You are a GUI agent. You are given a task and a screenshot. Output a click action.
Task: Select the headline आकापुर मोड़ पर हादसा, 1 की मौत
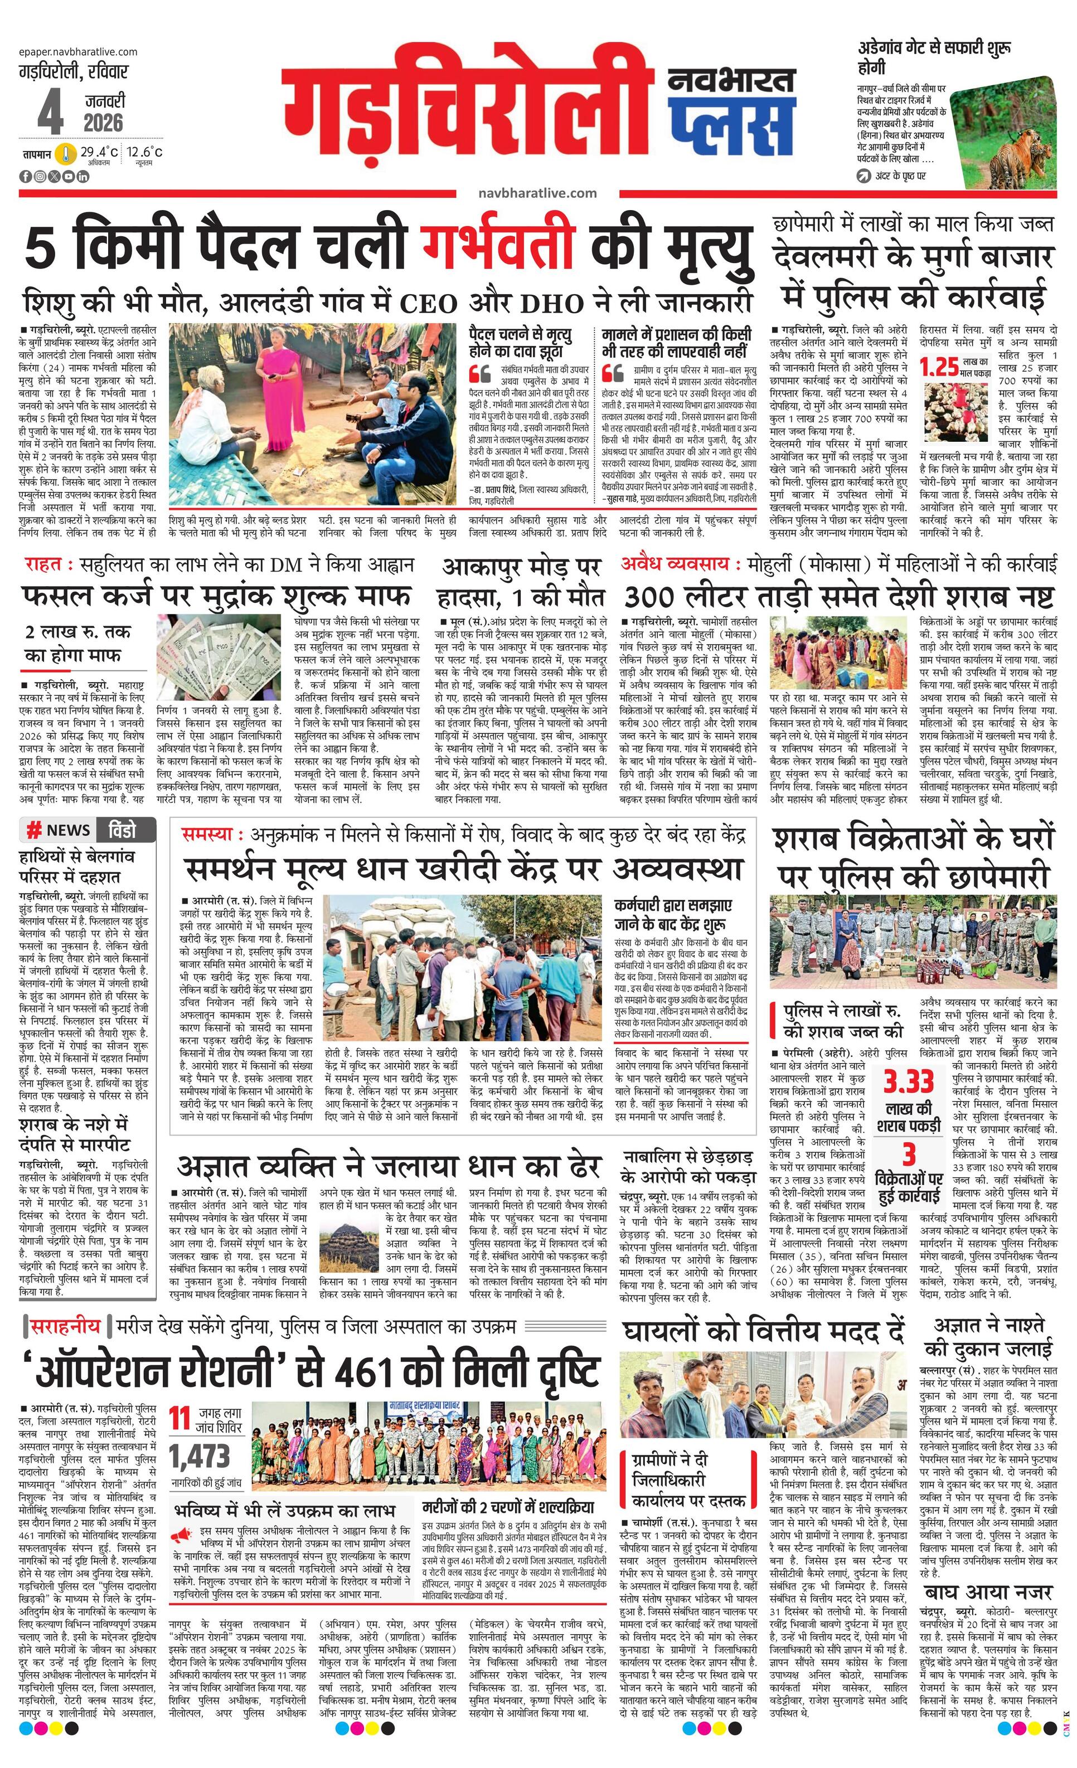(x=521, y=581)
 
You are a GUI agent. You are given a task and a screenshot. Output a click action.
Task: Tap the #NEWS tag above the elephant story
(x=59, y=830)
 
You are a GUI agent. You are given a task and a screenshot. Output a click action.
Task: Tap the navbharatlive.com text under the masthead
(x=536, y=193)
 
